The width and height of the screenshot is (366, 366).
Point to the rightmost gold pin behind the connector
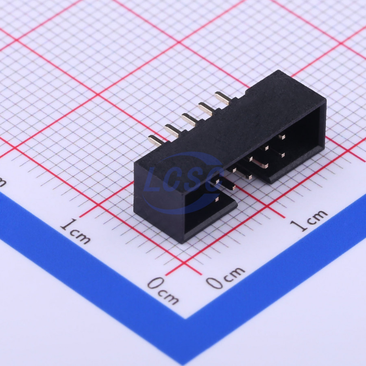[223, 98]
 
